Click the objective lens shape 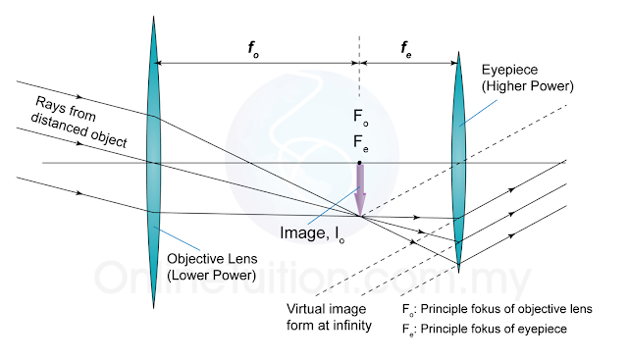pyautogui.click(x=153, y=162)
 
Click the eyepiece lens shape pyautogui.click(x=458, y=162)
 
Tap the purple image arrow pyautogui.click(x=360, y=190)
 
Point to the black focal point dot pyautogui.click(x=360, y=163)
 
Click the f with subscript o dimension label pyautogui.click(x=253, y=49)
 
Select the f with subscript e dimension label pyautogui.click(x=406, y=49)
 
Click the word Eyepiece pyautogui.click(x=509, y=70)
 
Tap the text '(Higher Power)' pyautogui.click(x=528, y=86)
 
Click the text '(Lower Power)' pyautogui.click(x=212, y=275)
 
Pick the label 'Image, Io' pyautogui.click(x=312, y=233)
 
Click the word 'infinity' pyautogui.click(x=351, y=326)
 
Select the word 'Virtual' pyautogui.click(x=304, y=309)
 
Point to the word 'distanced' pyautogui.click(x=59, y=125)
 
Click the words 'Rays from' pyautogui.click(x=66, y=109)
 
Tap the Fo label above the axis pyautogui.click(x=360, y=117)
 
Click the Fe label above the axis pyautogui.click(x=360, y=142)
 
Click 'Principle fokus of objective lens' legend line pyautogui.click(x=497, y=310)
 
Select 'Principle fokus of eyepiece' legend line pyautogui.click(x=485, y=330)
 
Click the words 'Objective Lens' pyautogui.click(x=212, y=259)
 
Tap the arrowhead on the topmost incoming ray pyautogui.click(x=79, y=96)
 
